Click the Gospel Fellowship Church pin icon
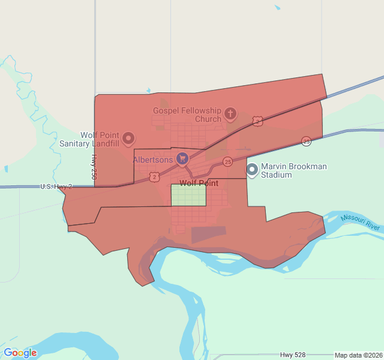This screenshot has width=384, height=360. click(230, 113)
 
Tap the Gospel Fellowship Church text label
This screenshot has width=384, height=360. click(187, 115)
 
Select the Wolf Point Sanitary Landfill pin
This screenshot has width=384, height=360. click(128, 139)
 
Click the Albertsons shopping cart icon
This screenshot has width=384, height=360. click(182, 159)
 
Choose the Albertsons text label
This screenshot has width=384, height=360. click(152, 160)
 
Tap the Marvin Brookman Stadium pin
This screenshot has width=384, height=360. click(253, 170)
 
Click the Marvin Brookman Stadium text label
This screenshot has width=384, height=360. click(294, 170)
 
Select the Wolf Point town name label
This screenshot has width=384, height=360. click(199, 183)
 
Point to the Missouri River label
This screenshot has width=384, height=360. click(361, 222)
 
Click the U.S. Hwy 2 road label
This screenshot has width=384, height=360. click(56, 187)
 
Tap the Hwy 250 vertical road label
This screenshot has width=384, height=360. click(94, 167)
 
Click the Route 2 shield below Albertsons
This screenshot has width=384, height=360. click(155, 176)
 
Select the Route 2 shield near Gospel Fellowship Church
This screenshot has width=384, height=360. click(257, 121)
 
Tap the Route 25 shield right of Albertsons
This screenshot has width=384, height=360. click(227, 161)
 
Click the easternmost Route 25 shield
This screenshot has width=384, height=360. click(306, 141)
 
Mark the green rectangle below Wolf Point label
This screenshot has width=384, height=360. click(188, 195)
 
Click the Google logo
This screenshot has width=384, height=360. click(20, 353)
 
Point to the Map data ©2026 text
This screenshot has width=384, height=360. click(358, 355)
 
